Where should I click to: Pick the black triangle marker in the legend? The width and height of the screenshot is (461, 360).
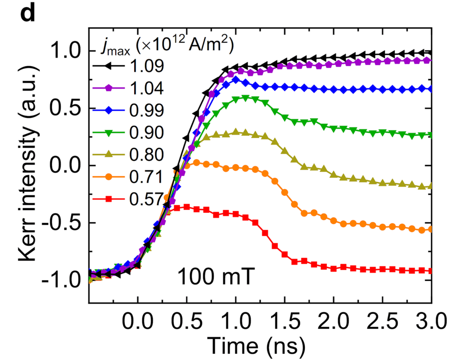(x=108, y=67)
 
